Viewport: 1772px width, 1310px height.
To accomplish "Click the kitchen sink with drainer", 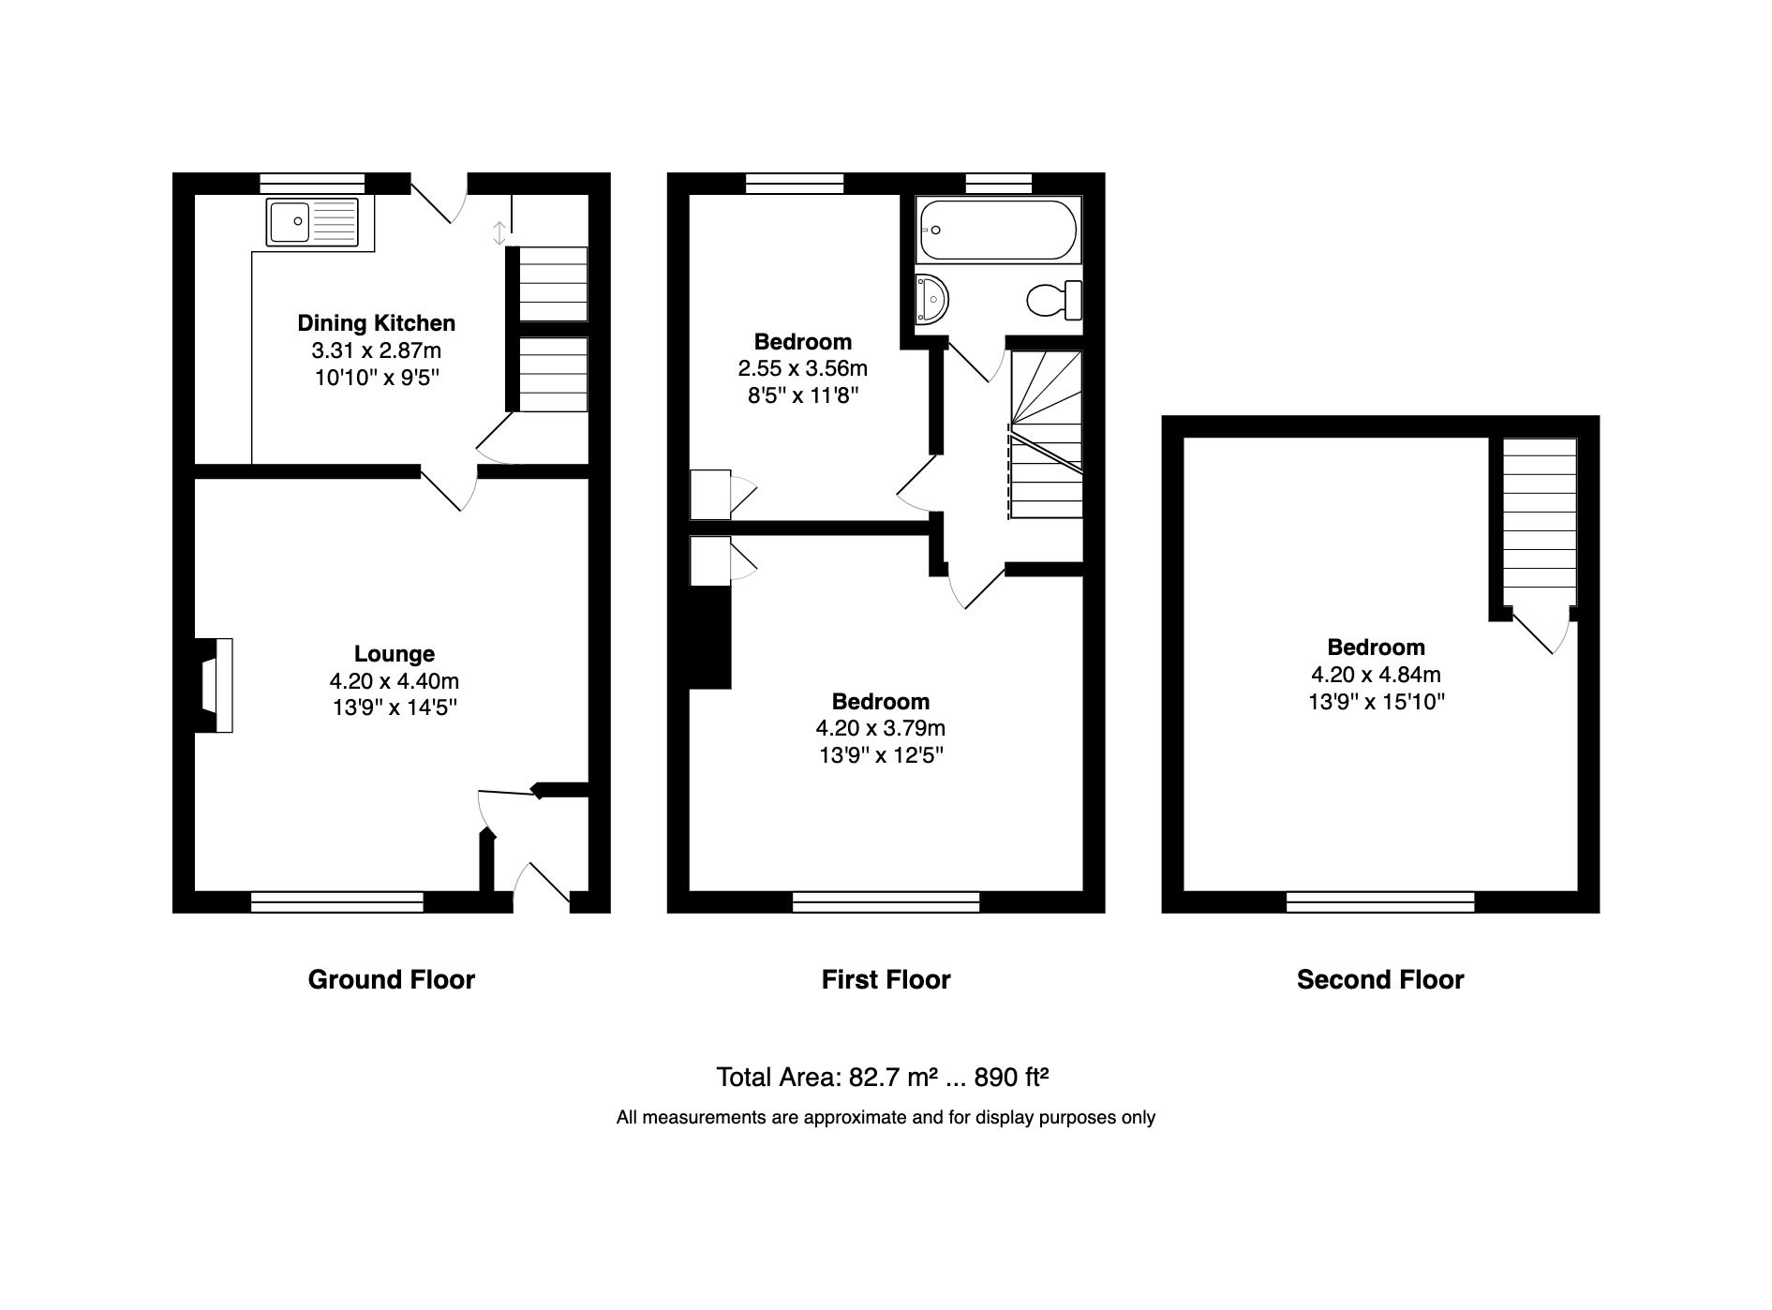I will click(312, 222).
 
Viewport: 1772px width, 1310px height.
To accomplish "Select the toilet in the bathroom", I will click(1053, 301).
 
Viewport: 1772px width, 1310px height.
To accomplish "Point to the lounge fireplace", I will click(215, 685).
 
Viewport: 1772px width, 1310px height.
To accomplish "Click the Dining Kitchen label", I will click(376, 323).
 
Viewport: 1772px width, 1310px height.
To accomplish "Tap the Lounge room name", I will click(394, 654).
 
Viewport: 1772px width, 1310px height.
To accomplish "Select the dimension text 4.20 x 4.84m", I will click(1375, 675).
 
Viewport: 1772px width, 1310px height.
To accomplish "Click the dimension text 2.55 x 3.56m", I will click(802, 368).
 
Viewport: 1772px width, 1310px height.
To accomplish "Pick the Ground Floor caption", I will click(391, 980).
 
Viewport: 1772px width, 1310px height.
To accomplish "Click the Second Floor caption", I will click(1379, 980).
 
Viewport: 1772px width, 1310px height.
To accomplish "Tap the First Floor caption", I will click(886, 980).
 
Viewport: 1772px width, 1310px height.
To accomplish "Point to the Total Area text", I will click(881, 1078).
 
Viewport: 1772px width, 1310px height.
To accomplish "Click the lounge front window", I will click(337, 902).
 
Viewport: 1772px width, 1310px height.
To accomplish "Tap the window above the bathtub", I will click(998, 184).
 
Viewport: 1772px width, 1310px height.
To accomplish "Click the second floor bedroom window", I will click(1379, 902).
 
